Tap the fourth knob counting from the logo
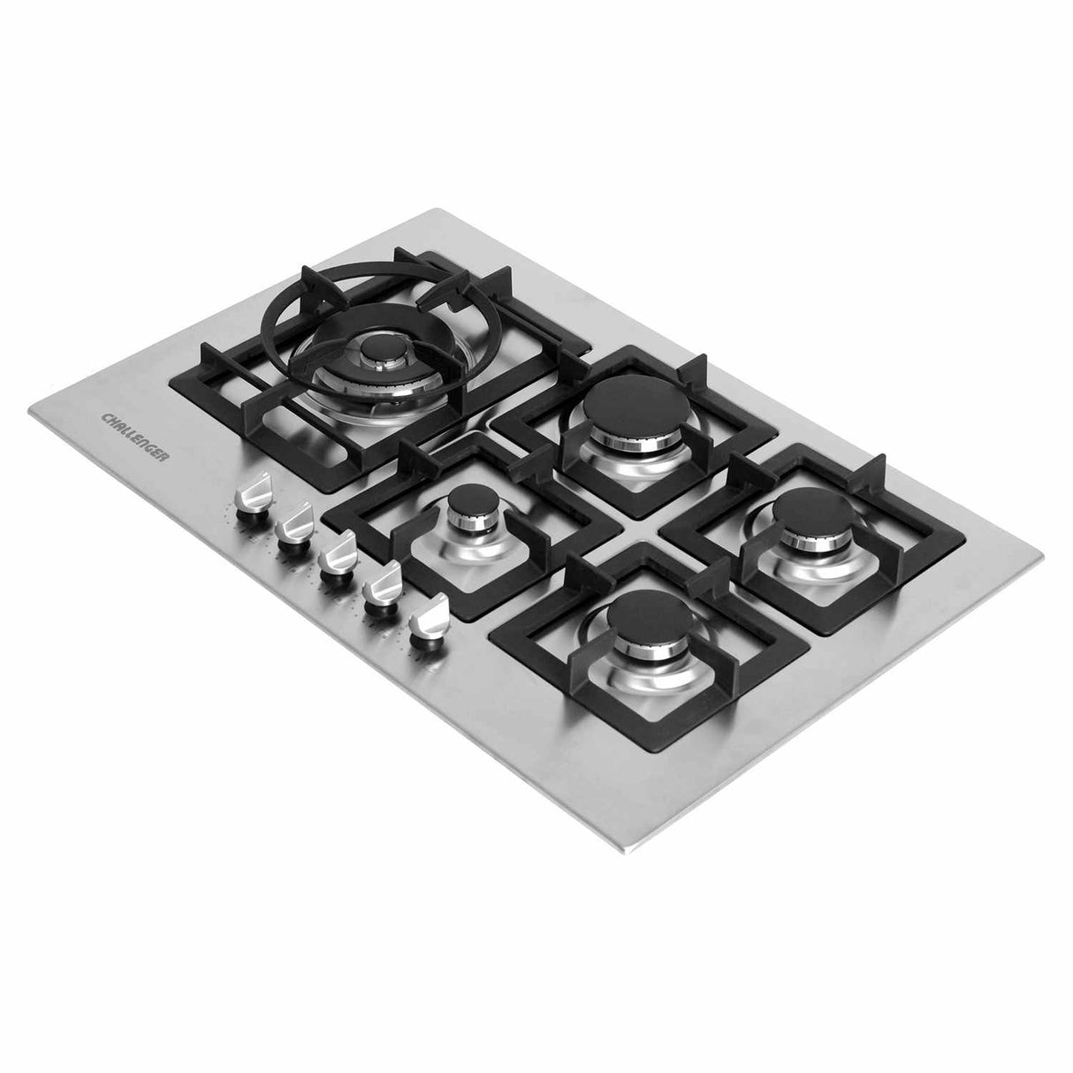[382, 587]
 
